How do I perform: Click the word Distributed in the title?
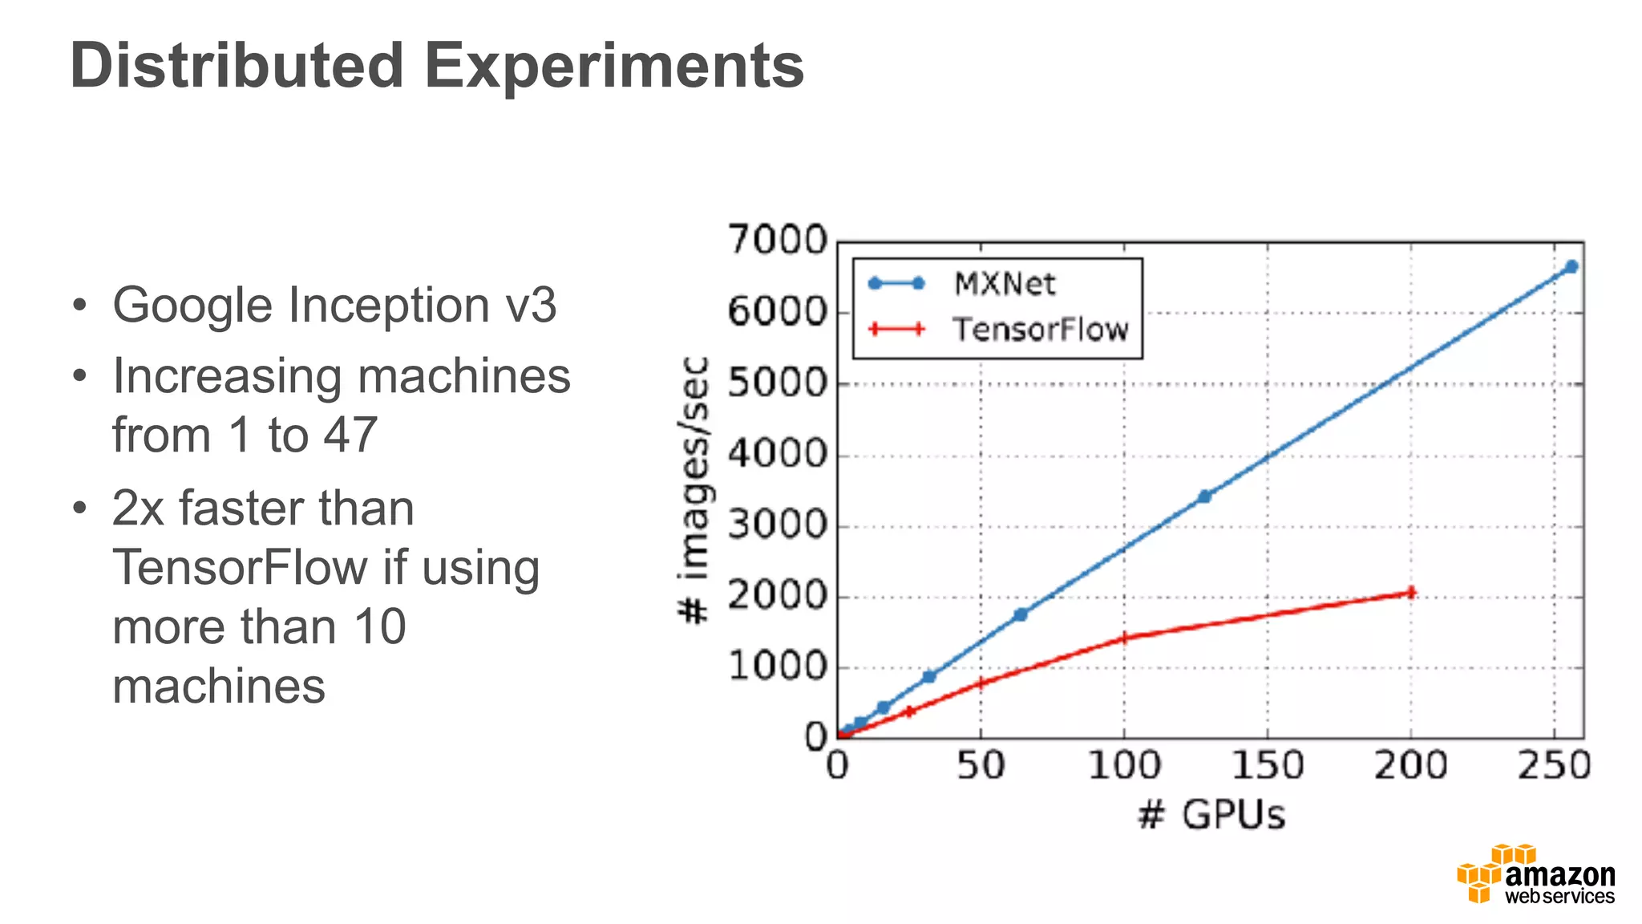pos(237,66)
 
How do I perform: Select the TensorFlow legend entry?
pos(1040,329)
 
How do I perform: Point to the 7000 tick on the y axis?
pos(776,240)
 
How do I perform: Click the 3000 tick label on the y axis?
pos(776,526)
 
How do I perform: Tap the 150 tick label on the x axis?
pos(1267,765)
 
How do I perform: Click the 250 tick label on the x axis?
pos(1553,765)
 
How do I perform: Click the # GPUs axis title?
pos(1211,815)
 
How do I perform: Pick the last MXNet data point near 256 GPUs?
pos(1571,266)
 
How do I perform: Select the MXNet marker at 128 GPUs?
pos(1204,496)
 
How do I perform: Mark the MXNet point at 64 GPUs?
pos(1021,614)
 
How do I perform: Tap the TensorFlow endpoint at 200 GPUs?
pos(1411,593)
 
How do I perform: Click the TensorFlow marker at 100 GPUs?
pos(1124,638)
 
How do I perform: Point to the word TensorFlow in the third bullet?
pos(240,568)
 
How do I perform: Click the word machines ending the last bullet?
pos(219,687)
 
